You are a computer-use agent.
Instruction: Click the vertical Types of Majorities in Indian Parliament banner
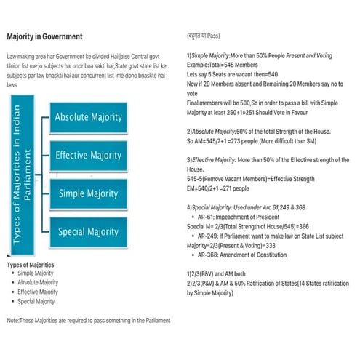tap(26, 175)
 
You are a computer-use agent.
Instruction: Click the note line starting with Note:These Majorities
tap(88, 320)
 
